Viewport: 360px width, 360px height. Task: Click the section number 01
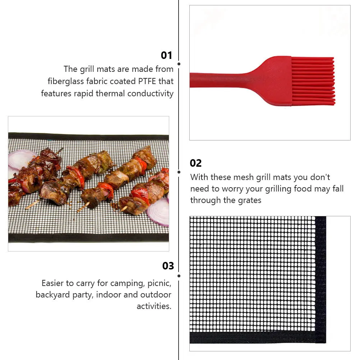click(x=166, y=55)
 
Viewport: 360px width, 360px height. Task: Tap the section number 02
click(x=196, y=163)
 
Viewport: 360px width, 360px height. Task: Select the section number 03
click(x=168, y=266)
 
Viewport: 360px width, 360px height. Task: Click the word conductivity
click(x=150, y=93)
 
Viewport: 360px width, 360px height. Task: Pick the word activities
click(x=154, y=306)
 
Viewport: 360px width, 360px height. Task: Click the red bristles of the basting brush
click(x=313, y=81)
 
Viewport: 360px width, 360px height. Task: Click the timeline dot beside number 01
click(x=179, y=64)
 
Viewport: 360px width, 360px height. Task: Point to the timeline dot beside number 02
click(x=179, y=172)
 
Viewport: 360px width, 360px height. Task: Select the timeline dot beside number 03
click(x=179, y=276)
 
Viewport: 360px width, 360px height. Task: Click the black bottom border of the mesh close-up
click(x=251, y=338)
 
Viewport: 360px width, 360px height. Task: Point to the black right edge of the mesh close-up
click(x=320, y=277)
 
